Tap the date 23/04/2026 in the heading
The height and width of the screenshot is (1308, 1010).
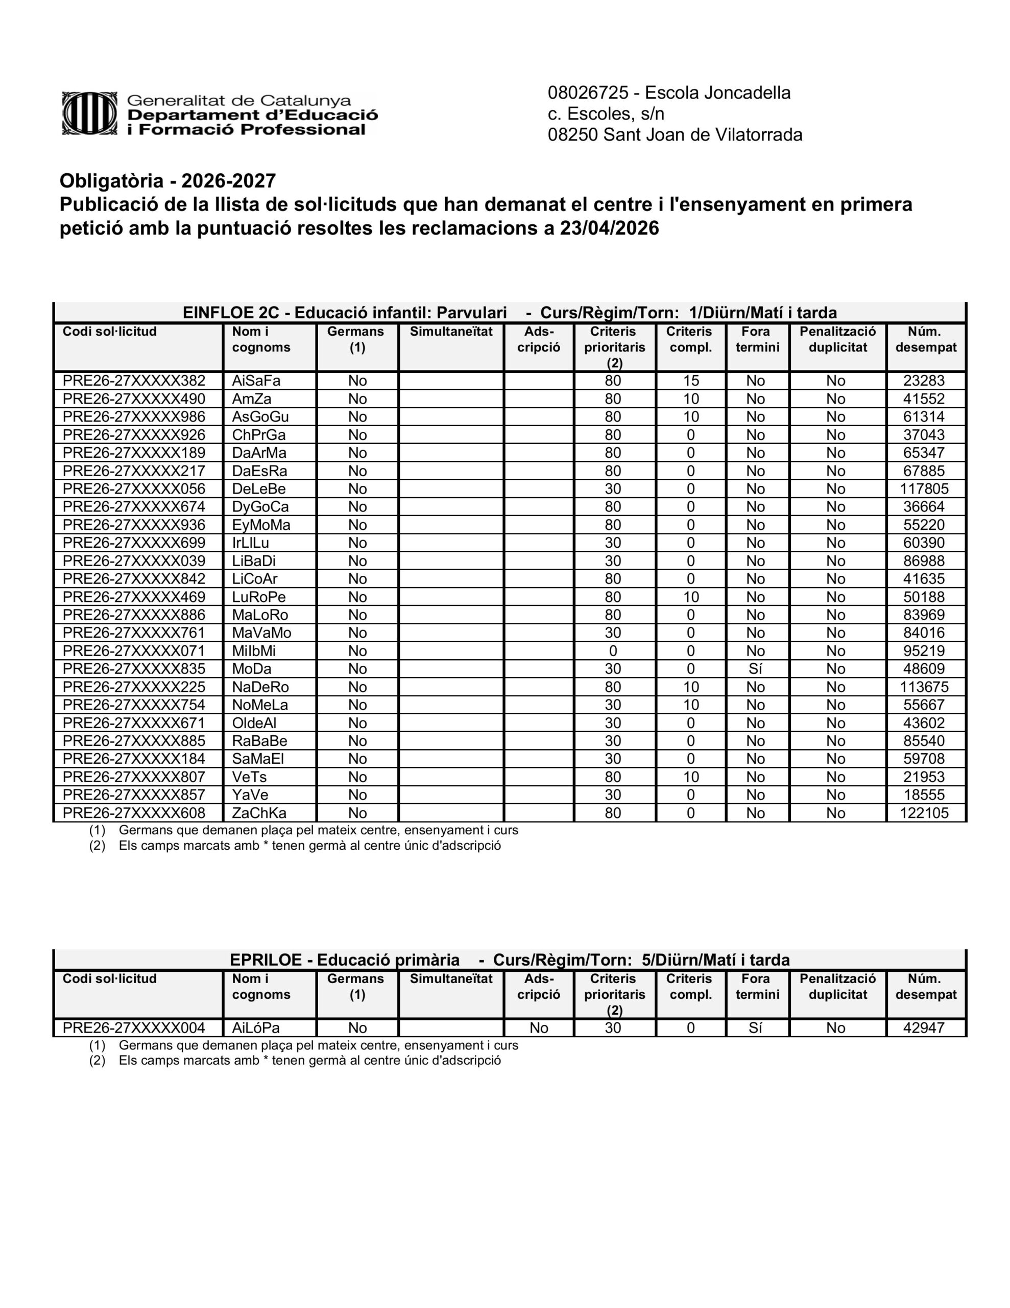(x=609, y=228)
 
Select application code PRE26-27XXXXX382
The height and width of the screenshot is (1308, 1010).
(x=134, y=381)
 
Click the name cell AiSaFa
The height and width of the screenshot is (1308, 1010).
(x=256, y=381)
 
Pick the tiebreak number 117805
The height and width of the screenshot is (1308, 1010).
(x=924, y=488)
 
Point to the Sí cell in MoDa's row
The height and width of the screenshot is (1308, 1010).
(x=756, y=669)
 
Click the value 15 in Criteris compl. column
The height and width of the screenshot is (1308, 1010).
(x=691, y=381)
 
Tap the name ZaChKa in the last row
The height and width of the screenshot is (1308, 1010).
(x=259, y=813)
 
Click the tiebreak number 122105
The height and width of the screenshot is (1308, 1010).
(x=924, y=813)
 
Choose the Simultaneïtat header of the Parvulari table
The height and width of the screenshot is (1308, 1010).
(x=451, y=332)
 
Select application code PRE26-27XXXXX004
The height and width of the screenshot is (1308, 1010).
(x=134, y=1027)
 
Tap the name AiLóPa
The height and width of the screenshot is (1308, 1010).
(x=256, y=1027)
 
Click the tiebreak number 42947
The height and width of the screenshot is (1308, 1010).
(x=924, y=1027)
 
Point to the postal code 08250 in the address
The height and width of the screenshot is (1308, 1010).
(x=573, y=135)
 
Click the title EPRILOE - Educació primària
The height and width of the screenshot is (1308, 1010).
(x=344, y=960)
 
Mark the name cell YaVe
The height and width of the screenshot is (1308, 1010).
(x=250, y=795)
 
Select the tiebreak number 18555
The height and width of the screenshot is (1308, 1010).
(x=924, y=795)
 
